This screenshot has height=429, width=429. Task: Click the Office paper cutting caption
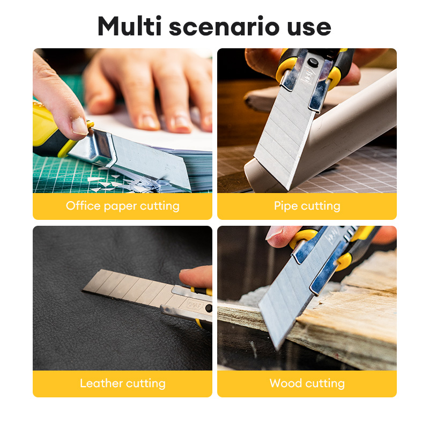click(x=122, y=206)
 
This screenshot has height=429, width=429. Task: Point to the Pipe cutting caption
click(x=307, y=206)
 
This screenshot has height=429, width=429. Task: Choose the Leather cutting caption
click(x=122, y=383)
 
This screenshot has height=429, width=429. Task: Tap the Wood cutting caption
click(x=307, y=383)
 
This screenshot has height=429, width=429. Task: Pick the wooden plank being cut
click(x=354, y=311)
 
